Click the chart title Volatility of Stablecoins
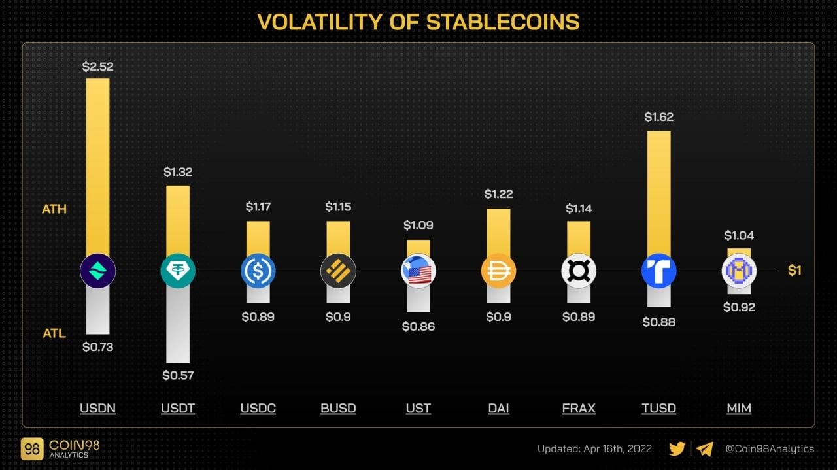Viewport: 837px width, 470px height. click(x=418, y=22)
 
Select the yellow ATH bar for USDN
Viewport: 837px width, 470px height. click(x=97, y=163)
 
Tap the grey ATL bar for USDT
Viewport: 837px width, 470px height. click(x=178, y=327)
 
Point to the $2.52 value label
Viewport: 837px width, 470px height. click(x=97, y=66)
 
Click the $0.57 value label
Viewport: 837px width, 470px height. click(x=178, y=375)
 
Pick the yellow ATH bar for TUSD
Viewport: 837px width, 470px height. click(x=658, y=190)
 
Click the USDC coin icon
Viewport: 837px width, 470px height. click(x=258, y=271)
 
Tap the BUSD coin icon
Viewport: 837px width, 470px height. click(x=338, y=271)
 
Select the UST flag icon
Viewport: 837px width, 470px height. click(x=418, y=271)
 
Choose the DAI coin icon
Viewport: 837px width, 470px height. click(x=498, y=271)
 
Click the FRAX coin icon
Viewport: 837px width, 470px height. click(x=579, y=271)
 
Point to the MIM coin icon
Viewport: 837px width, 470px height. click(x=739, y=271)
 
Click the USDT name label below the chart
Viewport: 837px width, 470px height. click(x=178, y=409)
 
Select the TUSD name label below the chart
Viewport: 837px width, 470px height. click(x=658, y=409)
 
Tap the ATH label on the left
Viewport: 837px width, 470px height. click(x=55, y=209)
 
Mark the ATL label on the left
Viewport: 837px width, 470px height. click(x=54, y=333)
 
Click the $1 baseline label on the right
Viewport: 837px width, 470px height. click(x=794, y=271)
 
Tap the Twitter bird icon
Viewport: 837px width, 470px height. click(x=677, y=448)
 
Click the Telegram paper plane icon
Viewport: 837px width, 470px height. click(x=704, y=448)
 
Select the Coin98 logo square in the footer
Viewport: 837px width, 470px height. click(x=31, y=448)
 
